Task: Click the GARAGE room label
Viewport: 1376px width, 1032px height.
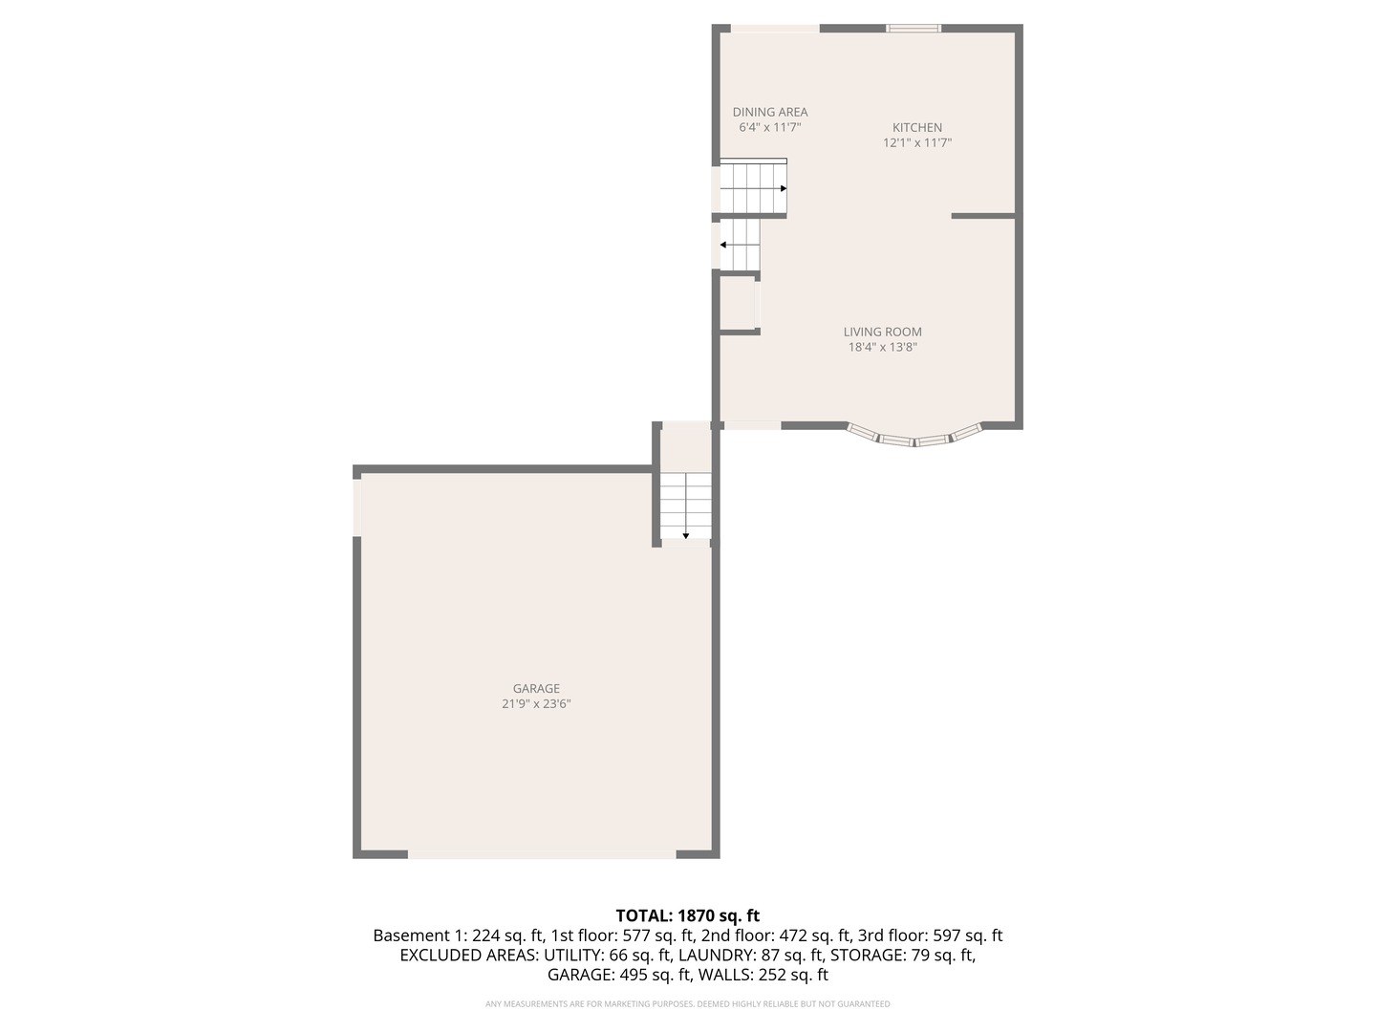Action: (536, 688)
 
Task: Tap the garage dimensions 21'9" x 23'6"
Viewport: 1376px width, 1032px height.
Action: (536, 704)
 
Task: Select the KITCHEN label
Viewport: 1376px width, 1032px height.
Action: (917, 127)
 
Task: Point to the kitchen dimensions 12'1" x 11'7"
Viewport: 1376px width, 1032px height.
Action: (917, 143)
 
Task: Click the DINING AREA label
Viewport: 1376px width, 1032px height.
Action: (770, 112)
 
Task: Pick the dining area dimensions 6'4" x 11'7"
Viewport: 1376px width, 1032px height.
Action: (770, 127)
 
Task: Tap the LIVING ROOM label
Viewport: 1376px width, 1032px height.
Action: (883, 332)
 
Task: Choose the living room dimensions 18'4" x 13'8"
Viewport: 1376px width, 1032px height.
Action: (883, 348)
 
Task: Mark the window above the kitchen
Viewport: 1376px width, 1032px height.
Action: (914, 29)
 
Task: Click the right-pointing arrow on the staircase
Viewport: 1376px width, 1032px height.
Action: (783, 188)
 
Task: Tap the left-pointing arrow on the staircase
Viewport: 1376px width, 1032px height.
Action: (724, 246)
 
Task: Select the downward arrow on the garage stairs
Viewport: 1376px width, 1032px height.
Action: (686, 535)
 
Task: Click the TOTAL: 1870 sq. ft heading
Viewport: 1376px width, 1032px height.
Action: (688, 915)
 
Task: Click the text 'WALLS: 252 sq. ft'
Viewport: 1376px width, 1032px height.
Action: (763, 975)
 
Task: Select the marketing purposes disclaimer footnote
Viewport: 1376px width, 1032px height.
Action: (688, 1004)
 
